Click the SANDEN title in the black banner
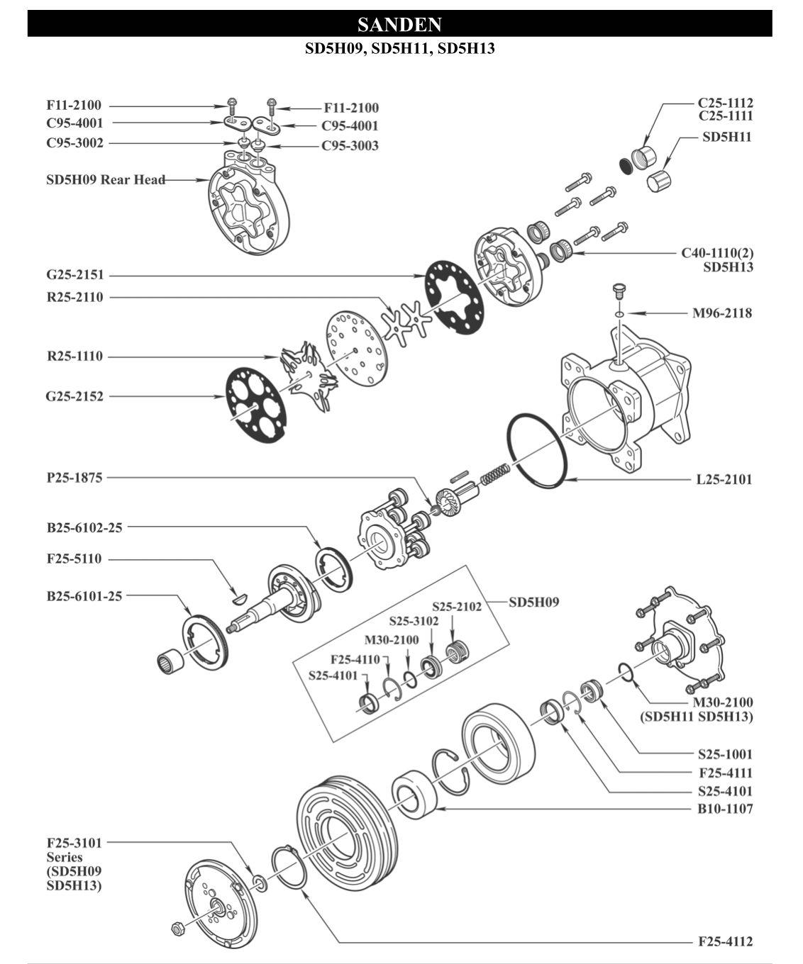pyautogui.click(x=399, y=25)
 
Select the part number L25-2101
pyautogui.click(x=724, y=479)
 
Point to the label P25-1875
pyautogui.click(x=74, y=477)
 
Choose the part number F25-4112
pyautogui.click(x=725, y=941)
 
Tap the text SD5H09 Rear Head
pyautogui.click(x=106, y=179)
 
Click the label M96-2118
pyautogui.click(x=722, y=313)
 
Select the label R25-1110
pyautogui.click(x=74, y=356)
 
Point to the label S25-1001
pyautogui.click(x=725, y=754)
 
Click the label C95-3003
pyautogui.click(x=350, y=145)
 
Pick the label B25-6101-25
pyautogui.click(x=84, y=595)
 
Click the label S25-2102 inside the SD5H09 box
pyautogui.click(x=457, y=607)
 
